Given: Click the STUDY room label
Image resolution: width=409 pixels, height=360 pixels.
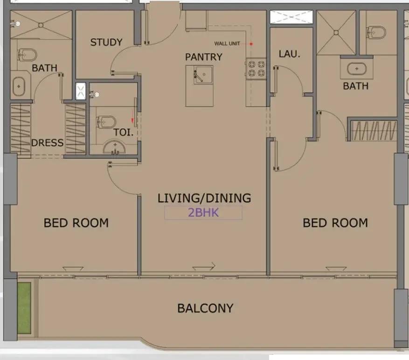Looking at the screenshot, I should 106,42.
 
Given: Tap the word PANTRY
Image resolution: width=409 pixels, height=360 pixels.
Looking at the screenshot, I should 204,57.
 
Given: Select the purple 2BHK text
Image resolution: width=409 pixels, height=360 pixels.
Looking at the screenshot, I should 203,213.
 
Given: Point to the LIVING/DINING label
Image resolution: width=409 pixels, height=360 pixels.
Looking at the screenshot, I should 204,198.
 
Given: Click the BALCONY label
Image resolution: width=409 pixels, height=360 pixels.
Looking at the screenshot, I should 205,308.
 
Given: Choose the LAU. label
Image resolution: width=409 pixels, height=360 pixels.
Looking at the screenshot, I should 289,54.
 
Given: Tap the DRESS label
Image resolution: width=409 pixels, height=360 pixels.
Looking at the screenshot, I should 47,143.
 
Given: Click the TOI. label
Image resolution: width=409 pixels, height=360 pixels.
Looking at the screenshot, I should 124,133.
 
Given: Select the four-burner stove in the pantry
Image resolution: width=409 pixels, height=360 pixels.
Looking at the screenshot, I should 256,69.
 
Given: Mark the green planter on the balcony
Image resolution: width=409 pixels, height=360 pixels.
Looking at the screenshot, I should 24,308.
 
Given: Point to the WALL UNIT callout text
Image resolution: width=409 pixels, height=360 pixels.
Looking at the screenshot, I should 227,44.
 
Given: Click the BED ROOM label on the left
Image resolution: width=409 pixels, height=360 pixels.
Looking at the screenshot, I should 76,223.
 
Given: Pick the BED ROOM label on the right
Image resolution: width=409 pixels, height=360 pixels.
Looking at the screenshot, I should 335,223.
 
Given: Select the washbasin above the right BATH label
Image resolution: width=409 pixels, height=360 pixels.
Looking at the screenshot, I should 357,69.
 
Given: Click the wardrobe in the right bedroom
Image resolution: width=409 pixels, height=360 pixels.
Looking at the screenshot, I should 374,131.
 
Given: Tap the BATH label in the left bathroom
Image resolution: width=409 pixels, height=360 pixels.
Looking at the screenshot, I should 44,68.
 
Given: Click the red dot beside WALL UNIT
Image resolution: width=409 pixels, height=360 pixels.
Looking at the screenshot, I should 251,44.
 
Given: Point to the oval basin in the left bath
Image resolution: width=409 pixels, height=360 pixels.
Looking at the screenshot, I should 19,87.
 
